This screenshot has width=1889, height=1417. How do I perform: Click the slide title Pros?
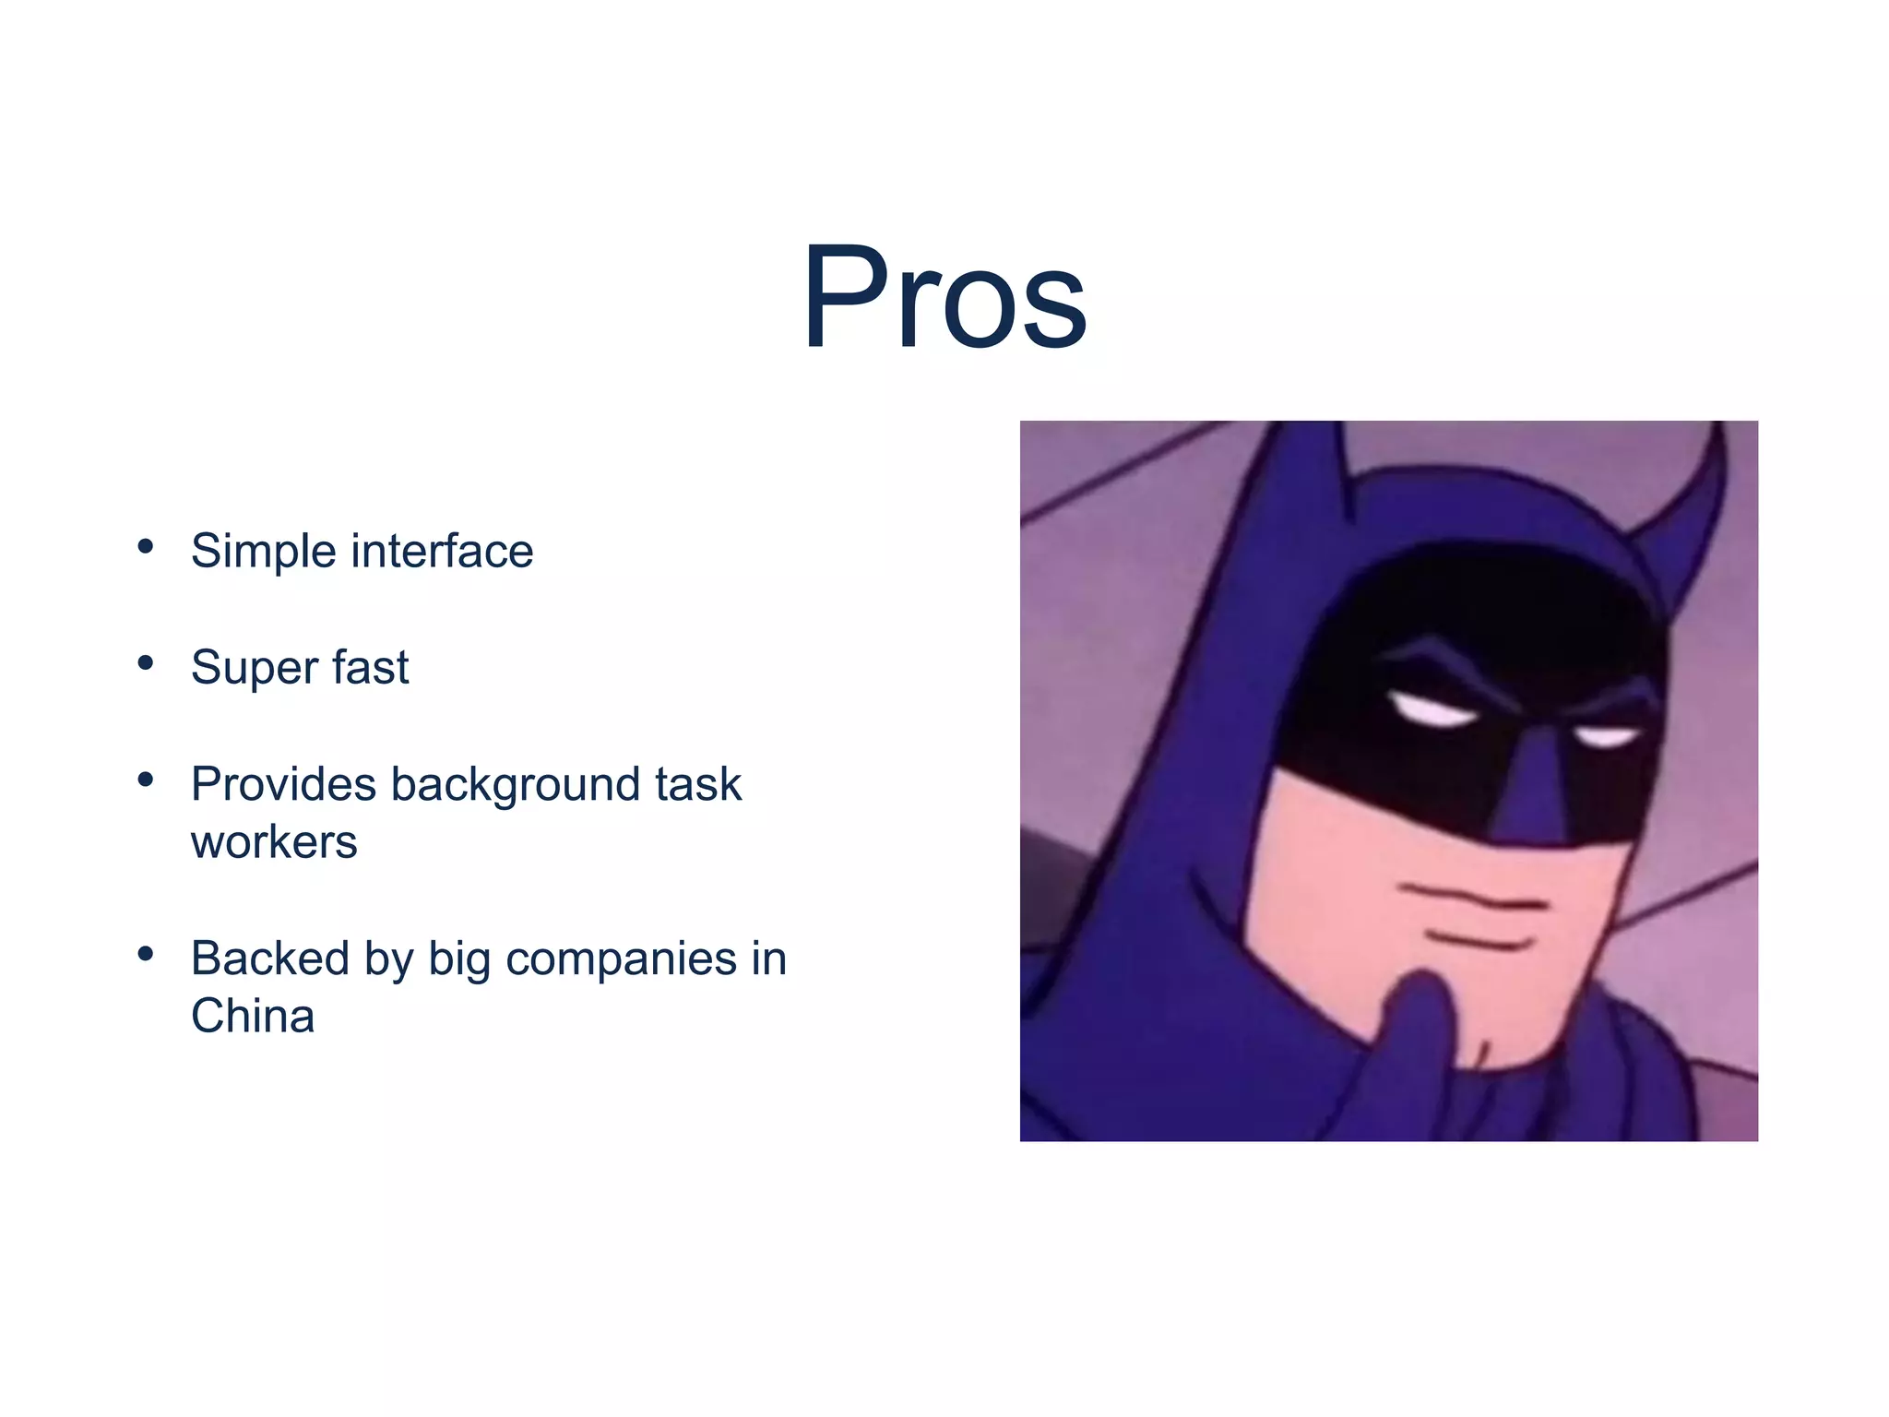coord(944,297)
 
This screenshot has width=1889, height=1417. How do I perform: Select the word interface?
coord(442,551)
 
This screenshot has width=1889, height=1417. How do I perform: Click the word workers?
coord(274,842)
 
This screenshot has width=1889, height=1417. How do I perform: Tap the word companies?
coord(621,959)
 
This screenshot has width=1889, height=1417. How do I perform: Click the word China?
coord(253,1016)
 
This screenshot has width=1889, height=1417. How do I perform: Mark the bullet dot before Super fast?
coord(145,663)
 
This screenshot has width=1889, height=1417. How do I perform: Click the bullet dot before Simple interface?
coord(145,547)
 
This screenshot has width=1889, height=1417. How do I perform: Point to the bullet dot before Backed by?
coord(145,954)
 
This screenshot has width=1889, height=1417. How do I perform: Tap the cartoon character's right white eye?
coord(1606,737)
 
